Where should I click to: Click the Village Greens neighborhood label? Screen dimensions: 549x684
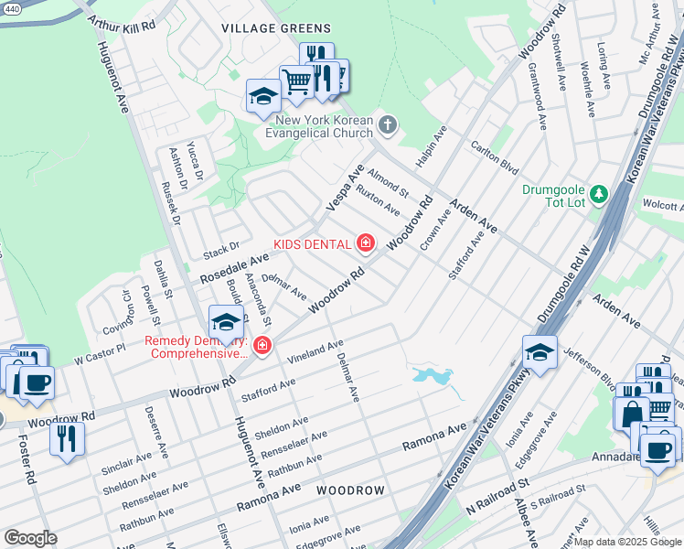[262, 28]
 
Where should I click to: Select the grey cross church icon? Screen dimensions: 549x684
[388, 124]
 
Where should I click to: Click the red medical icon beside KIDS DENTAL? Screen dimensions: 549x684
[366, 242]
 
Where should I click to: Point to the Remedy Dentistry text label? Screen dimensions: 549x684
[196, 348]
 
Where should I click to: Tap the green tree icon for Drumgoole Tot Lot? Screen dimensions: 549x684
[598, 193]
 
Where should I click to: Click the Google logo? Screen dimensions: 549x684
[30, 537]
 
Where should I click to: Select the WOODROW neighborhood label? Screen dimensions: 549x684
[351, 491]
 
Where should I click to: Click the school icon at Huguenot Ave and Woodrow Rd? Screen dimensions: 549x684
[225, 321]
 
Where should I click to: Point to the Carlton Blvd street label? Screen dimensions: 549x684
[494, 156]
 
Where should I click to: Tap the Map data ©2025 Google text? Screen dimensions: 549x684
[627, 542]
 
